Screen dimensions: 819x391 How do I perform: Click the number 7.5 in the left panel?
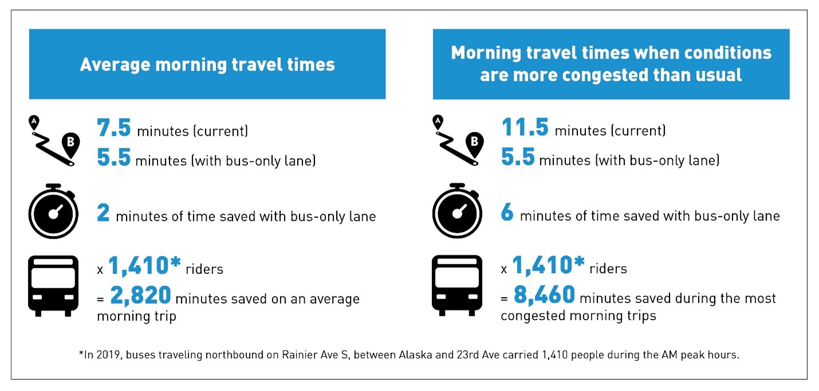tap(114, 128)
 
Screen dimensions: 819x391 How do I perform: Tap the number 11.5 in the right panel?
tap(525, 127)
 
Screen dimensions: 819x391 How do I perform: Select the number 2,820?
tap(141, 295)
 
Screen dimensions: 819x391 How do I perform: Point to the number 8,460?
tap(545, 295)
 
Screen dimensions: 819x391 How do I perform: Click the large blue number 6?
tap(507, 212)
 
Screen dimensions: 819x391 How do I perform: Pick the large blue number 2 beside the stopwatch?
tap(103, 212)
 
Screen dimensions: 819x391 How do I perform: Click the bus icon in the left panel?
tap(53, 286)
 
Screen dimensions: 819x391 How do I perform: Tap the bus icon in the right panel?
tap(457, 286)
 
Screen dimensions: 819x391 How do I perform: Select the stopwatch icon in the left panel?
tap(53, 211)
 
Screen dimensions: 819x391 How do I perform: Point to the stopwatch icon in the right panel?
tap(457, 211)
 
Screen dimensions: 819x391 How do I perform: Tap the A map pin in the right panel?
tap(438, 122)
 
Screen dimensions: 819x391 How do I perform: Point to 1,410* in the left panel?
tap(144, 265)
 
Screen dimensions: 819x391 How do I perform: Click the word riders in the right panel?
tap(608, 269)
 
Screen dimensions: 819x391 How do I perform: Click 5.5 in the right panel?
tap(518, 157)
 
